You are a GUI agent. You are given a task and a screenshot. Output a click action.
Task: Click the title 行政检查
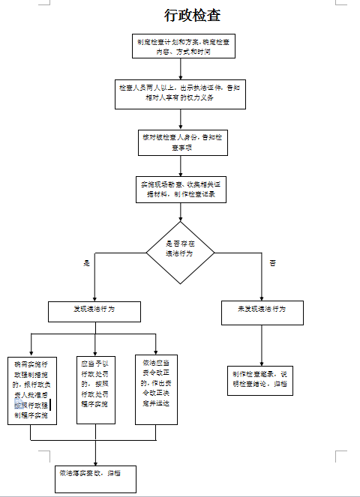[193, 15]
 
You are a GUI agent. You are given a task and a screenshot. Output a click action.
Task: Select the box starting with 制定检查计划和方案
[183, 46]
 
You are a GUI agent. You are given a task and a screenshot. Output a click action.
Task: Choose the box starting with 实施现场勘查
[179, 188]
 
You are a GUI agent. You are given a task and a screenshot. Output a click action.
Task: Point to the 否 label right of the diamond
[272, 262]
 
